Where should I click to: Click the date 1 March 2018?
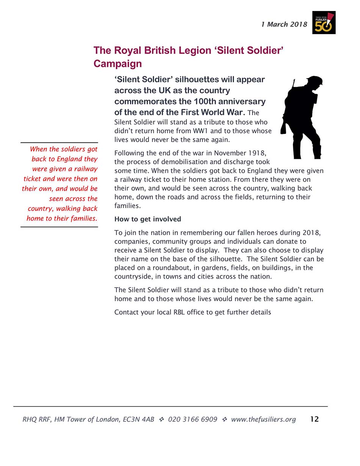point(284,25)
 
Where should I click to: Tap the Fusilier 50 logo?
point(324,23)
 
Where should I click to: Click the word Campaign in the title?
point(117,64)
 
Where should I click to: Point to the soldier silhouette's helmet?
point(315,80)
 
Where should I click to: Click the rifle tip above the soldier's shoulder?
point(294,81)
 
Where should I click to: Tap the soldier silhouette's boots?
point(307,154)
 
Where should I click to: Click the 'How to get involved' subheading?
point(148,219)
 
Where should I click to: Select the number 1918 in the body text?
point(257,153)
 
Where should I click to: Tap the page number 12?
point(315,419)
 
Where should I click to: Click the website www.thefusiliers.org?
point(263,419)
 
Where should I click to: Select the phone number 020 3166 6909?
point(193,419)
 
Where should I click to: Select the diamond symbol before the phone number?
point(161,419)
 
